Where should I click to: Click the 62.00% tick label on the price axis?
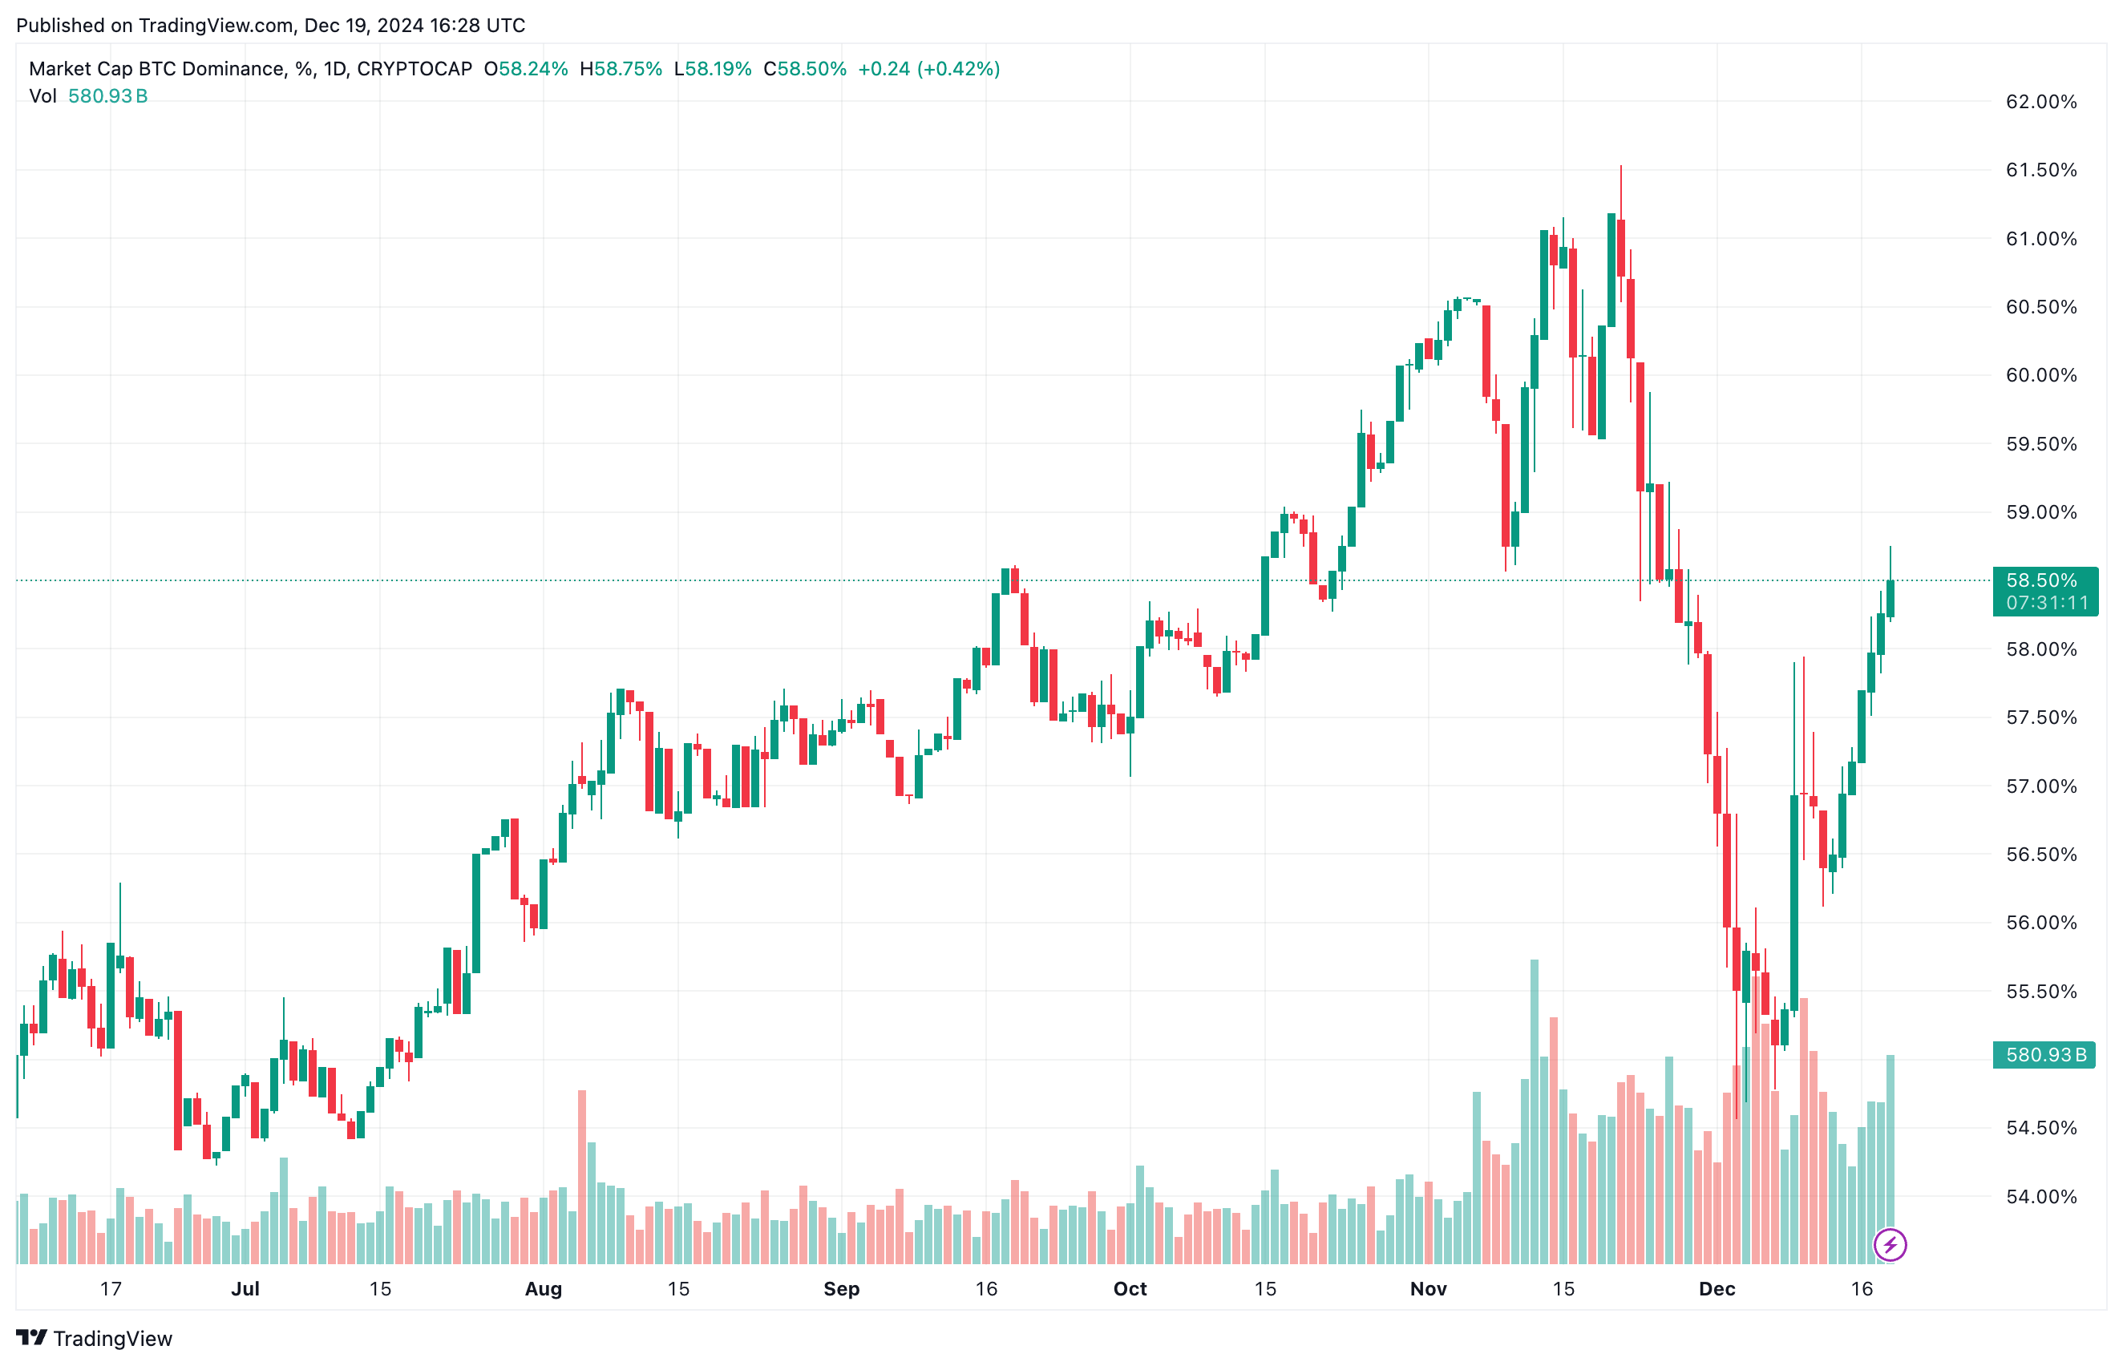(2040, 102)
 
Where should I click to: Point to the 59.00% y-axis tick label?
(2040, 513)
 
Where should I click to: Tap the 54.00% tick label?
(2040, 1197)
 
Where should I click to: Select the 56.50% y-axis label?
(2040, 855)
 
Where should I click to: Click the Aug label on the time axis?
(543, 1289)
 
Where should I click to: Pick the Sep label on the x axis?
(841, 1289)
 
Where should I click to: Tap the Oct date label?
(1130, 1289)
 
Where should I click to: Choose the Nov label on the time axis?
(1427, 1289)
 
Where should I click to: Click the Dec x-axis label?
(1717, 1289)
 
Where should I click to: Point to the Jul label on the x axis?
(245, 1289)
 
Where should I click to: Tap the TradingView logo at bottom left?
(94, 1338)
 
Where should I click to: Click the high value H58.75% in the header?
(621, 69)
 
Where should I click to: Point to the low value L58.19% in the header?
(713, 69)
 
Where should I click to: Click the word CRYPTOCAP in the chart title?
(414, 69)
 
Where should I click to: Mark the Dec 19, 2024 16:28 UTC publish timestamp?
(414, 25)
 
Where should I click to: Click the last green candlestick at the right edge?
(1890, 599)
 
